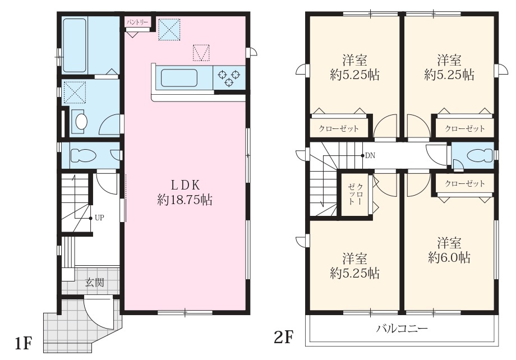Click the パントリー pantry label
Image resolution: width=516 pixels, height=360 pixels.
coord(138,23)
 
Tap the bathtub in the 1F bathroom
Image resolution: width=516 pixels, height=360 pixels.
coord(75,45)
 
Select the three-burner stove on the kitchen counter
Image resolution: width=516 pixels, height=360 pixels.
coord(229,77)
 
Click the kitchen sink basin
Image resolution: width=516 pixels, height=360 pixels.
coord(179,77)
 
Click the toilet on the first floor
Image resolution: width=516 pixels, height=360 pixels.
coord(83,155)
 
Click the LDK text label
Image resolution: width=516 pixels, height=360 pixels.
coord(185,185)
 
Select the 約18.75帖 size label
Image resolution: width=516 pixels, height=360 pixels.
coord(185,200)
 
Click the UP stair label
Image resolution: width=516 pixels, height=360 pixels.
coord(99,218)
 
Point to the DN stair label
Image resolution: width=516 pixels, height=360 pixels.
coord(370,155)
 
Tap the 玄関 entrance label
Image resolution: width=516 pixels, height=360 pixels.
coord(95,283)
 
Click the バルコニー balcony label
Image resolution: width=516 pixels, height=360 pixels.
coord(402,329)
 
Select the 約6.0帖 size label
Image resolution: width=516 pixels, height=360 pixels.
coord(449,257)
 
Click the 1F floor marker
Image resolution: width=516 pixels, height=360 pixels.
coord(23,344)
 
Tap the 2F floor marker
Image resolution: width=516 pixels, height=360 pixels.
coord(283,337)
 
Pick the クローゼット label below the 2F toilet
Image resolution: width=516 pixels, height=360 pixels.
coord(464,183)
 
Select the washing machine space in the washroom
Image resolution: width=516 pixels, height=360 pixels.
coord(75,92)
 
